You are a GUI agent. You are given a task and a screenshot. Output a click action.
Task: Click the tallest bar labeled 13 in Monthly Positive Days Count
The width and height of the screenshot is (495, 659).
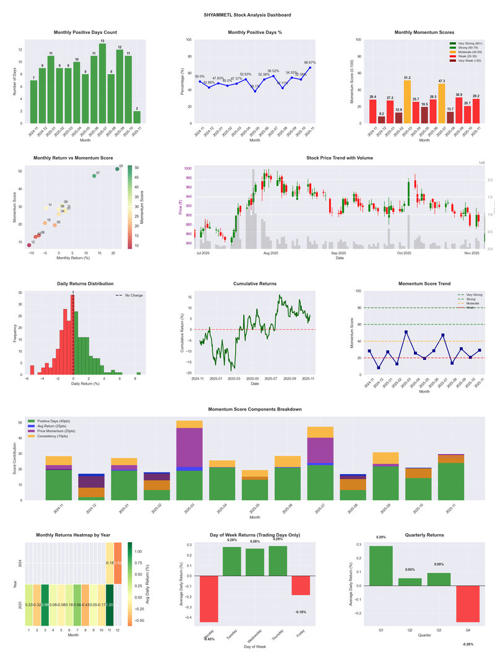click(102, 83)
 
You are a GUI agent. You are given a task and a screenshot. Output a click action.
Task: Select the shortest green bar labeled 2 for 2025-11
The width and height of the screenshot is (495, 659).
click(137, 117)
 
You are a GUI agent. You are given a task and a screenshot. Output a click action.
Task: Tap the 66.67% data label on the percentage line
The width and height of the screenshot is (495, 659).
click(310, 62)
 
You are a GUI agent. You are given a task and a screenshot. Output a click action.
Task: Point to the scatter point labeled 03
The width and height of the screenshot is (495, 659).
click(117, 169)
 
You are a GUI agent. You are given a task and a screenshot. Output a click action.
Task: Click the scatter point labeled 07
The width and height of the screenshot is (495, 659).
click(94, 176)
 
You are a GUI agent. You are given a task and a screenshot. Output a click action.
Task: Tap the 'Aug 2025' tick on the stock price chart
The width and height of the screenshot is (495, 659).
click(270, 253)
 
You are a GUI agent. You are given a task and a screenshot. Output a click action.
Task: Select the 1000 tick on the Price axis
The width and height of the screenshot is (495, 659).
click(187, 168)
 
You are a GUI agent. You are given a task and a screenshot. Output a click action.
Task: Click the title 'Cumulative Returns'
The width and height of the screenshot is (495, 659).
click(254, 283)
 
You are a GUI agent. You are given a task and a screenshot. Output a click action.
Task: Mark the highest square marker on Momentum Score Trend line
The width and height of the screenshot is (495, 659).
click(406, 332)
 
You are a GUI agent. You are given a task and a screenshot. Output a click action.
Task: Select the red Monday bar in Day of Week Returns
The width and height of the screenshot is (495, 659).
click(209, 598)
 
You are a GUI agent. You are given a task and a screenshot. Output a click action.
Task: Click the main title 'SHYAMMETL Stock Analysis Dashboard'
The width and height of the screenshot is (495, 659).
click(247, 15)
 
